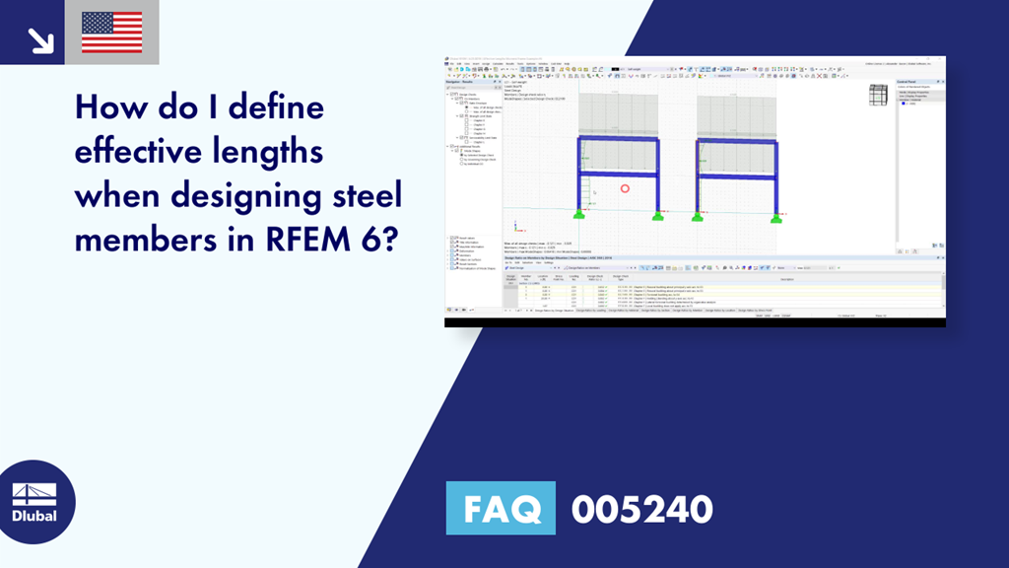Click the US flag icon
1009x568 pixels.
111,33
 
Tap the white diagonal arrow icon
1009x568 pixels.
40,38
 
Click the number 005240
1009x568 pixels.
641,509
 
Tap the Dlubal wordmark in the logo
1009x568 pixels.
34,515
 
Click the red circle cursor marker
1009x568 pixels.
624,188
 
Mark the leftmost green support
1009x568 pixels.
578,214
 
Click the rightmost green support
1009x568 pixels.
777,215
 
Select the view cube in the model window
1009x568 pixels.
877,96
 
